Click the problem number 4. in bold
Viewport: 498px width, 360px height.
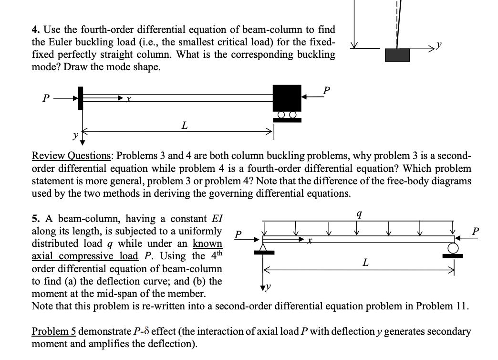(36, 30)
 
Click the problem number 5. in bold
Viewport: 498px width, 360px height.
(36, 219)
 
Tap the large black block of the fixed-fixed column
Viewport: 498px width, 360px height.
(287, 98)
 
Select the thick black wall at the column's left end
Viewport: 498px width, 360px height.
(81, 98)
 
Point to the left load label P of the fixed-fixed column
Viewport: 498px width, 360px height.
(45, 98)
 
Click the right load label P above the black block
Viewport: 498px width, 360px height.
(326, 90)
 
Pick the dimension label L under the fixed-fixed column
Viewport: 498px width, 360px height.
(184, 125)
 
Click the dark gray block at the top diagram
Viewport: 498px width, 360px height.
(397, 55)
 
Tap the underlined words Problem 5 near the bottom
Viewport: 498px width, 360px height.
(54, 331)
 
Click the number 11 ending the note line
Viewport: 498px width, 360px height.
(461, 306)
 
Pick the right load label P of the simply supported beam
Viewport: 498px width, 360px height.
(475, 232)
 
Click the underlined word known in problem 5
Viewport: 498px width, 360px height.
(207, 244)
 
